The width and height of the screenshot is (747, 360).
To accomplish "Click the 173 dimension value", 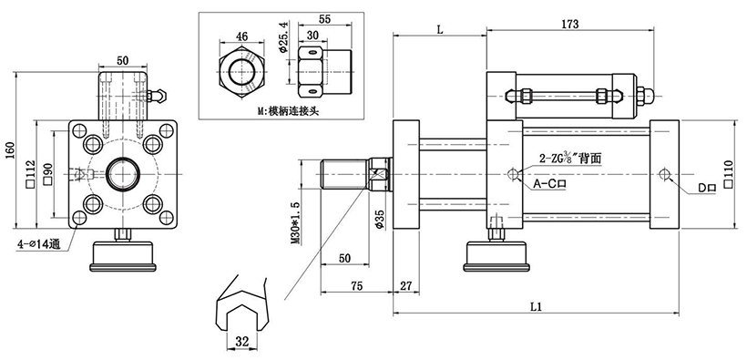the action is (x=569, y=24).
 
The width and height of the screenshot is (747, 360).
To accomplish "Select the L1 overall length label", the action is (x=537, y=306).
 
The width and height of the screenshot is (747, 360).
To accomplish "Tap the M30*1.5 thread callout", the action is (x=295, y=223).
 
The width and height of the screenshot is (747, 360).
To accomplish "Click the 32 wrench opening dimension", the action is (x=242, y=342).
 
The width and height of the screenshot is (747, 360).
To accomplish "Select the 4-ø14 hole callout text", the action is (x=37, y=244).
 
